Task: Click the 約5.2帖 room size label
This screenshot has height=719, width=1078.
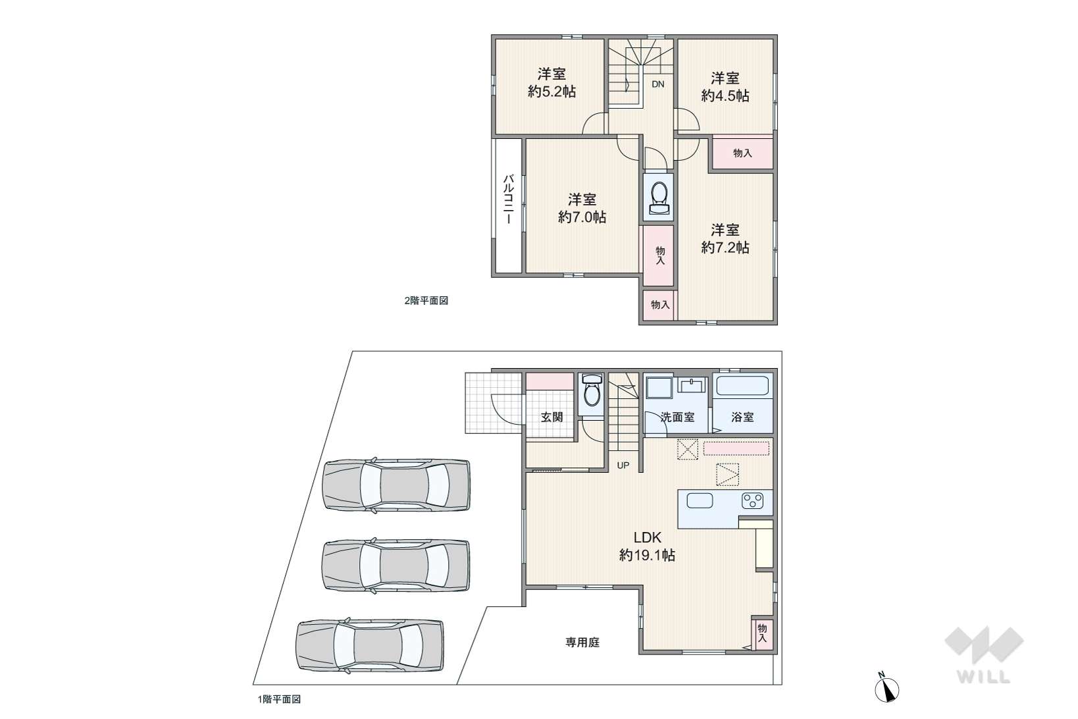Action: pyautogui.click(x=552, y=92)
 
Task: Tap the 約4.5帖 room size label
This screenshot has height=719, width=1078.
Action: pyautogui.click(x=725, y=95)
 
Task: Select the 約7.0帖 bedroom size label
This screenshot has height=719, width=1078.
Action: pyautogui.click(x=582, y=217)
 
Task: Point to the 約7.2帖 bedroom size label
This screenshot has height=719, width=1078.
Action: pyautogui.click(x=725, y=248)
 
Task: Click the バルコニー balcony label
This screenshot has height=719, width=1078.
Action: pyautogui.click(x=508, y=199)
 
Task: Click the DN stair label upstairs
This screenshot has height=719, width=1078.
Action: pyautogui.click(x=658, y=84)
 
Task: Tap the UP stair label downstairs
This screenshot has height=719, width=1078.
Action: pyautogui.click(x=623, y=466)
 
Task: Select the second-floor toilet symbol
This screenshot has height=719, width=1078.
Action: pyautogui.click(x=658, y=198)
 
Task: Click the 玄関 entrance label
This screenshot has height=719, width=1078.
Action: pyautogui.click(x=552, y=417)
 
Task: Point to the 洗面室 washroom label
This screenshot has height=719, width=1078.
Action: pyautogui.click(x=678, y=417)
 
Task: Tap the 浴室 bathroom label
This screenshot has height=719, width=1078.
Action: pyautogui.click(x=742, y=417)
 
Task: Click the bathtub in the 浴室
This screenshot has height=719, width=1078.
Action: pyautogui.click(x=742, y=385)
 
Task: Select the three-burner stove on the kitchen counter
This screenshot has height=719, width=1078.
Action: pyautogui.click(x=752, y=501)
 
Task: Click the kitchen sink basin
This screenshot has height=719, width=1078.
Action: pyautogui.click(x=700, y=501)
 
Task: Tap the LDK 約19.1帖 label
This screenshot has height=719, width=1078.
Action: pyautogui.click(x=647, y=546)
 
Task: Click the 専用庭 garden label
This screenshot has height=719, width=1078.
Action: pyautogui.click(x=582, y=643)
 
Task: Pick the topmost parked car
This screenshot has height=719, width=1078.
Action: pyautogui.click(x=396, y=485)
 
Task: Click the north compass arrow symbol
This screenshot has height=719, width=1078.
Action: pyautogui.click(x=886, y=687)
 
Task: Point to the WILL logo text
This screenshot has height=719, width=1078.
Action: pyautogui.click(x=983, y=677)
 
